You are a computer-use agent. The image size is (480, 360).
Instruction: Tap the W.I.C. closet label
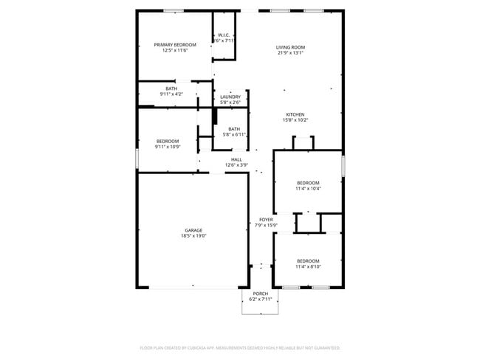[224, 35]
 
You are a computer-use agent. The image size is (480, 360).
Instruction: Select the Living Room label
[291, 47]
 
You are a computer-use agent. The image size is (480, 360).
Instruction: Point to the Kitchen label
[295, 114]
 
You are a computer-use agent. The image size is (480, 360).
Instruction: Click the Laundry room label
[230, 97]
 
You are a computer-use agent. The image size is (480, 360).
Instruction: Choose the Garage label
[193, 230]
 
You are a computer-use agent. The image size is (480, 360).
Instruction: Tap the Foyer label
[265, 220]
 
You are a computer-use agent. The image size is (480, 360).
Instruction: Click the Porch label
[261, 294]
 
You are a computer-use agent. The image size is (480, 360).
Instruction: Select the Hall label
[236, 159]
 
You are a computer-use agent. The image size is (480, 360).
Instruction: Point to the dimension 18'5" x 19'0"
[193, 236]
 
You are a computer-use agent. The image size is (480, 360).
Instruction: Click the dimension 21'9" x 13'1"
[291, 52]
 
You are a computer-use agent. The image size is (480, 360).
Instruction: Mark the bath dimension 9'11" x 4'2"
[171, 94]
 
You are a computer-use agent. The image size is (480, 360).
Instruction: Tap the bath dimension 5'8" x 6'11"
[234, 135]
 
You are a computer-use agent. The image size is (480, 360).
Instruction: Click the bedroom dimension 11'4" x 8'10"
[308, 266]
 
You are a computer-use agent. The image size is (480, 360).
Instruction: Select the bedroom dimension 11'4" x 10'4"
[308, 188]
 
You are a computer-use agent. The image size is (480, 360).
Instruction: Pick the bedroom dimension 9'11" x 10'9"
[167, 147]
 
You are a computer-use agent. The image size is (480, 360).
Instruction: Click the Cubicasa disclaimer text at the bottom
[240, 347]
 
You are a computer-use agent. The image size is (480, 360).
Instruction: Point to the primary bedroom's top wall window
[174, 10]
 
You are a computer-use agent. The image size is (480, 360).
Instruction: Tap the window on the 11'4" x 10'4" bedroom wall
[343, 165]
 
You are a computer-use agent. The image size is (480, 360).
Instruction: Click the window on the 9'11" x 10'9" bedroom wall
[137, 159]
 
